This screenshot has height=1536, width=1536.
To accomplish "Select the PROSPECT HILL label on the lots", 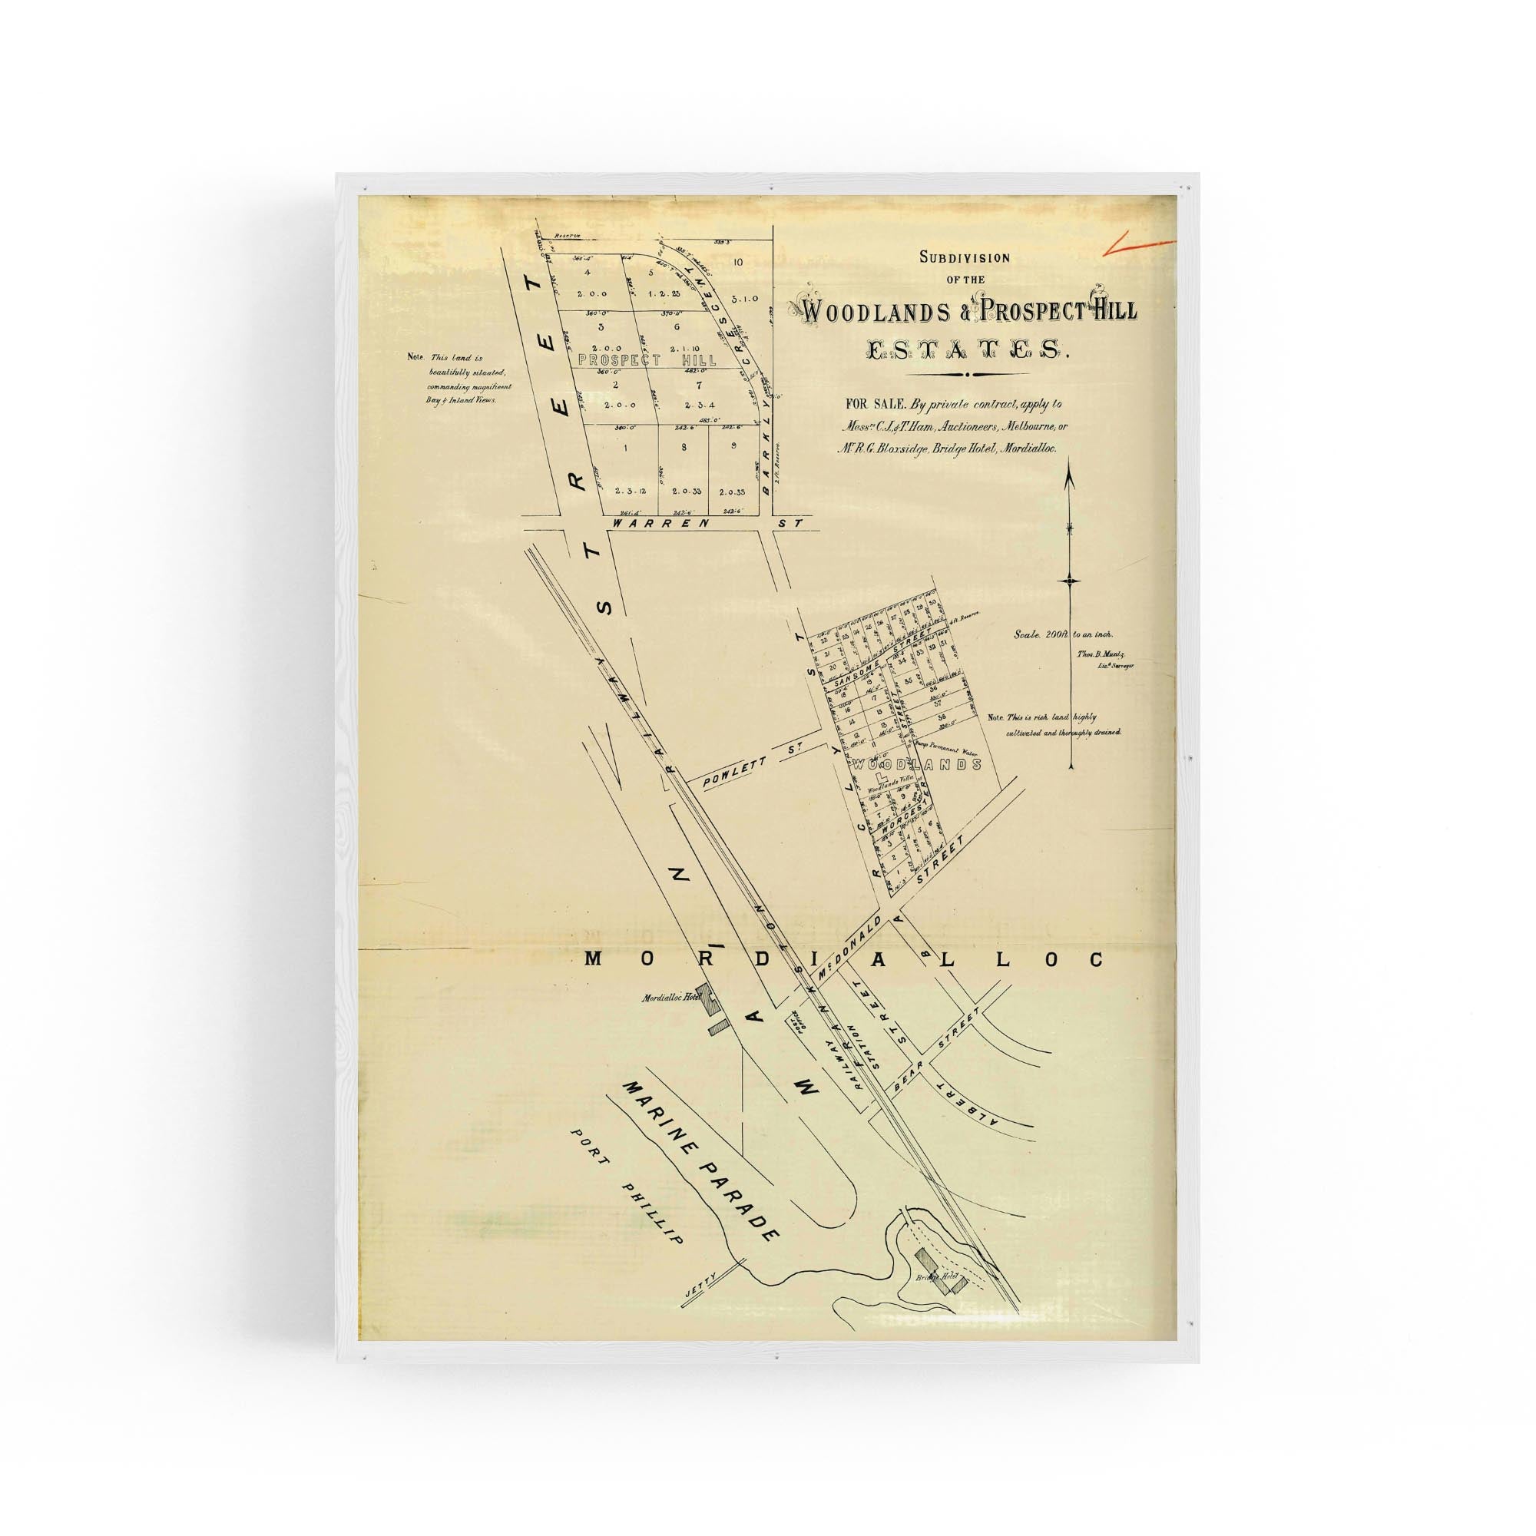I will [647, 360].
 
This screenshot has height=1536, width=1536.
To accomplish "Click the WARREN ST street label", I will [657, 524].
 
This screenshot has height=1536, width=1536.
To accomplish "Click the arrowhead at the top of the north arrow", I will [1070, 479].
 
